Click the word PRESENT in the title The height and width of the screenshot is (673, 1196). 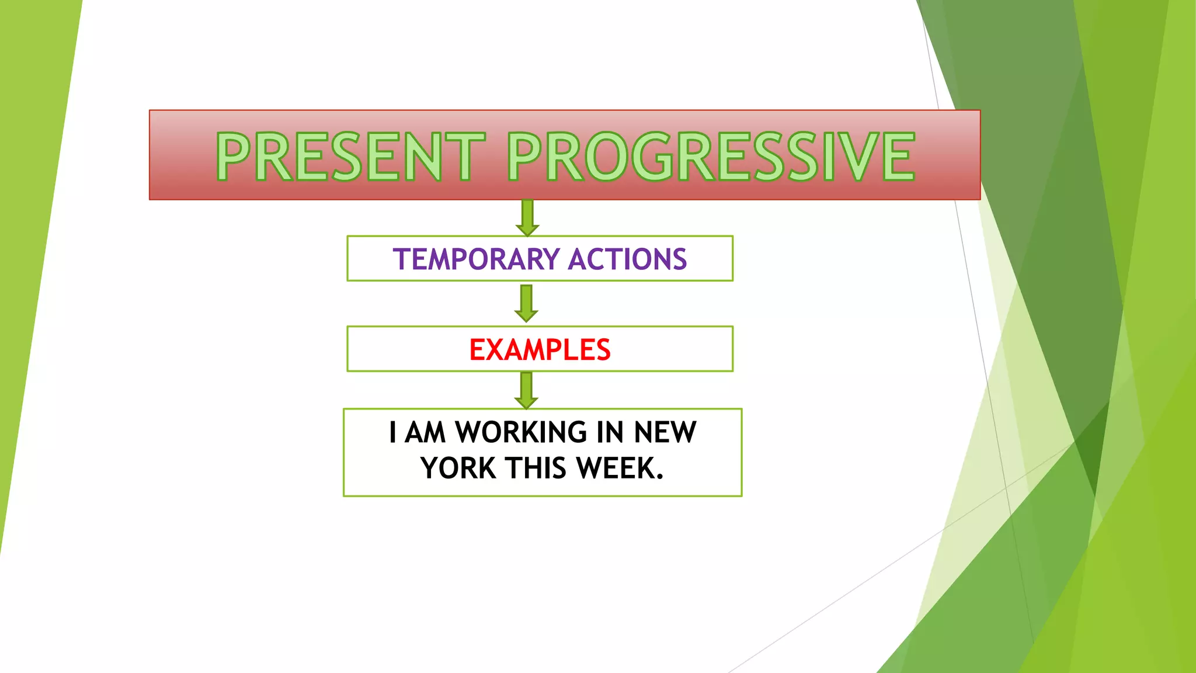pos(350,156)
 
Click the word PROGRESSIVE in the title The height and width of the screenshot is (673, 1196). pos(710,156)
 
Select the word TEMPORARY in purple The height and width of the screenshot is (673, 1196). pos(477,259)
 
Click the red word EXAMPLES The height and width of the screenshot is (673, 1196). pos(540,350)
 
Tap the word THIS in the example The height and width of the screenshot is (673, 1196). pos(536,469)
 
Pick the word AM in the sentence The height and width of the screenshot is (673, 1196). pos(425,433)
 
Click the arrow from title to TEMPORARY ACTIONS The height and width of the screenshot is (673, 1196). pos(527,217)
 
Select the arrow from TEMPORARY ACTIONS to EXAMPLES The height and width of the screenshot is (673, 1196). pos(526,303)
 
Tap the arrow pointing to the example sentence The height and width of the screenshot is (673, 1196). pos(526,390)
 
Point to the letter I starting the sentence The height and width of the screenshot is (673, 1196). pos(393,433)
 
